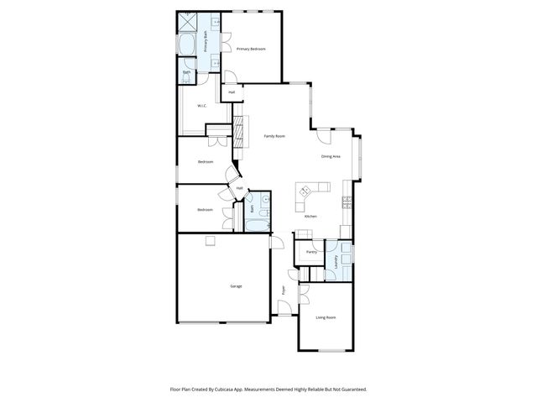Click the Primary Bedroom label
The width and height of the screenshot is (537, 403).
[251, 49]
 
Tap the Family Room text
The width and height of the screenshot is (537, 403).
[274, 136]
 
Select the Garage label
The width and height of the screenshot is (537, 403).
[236, 286]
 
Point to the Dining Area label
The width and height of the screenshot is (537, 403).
[331, 157]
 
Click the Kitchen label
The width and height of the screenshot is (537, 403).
[310, 217]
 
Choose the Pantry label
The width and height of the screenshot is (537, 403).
[310, 251]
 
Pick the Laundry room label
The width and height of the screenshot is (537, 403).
[337, 260]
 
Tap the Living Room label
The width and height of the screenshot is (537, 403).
[326, 317]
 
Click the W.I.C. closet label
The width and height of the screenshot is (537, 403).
[202, 106]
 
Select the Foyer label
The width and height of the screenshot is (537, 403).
[284, 290]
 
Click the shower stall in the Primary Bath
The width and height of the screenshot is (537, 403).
[190, 22]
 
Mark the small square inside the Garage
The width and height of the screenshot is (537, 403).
[211, 241]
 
